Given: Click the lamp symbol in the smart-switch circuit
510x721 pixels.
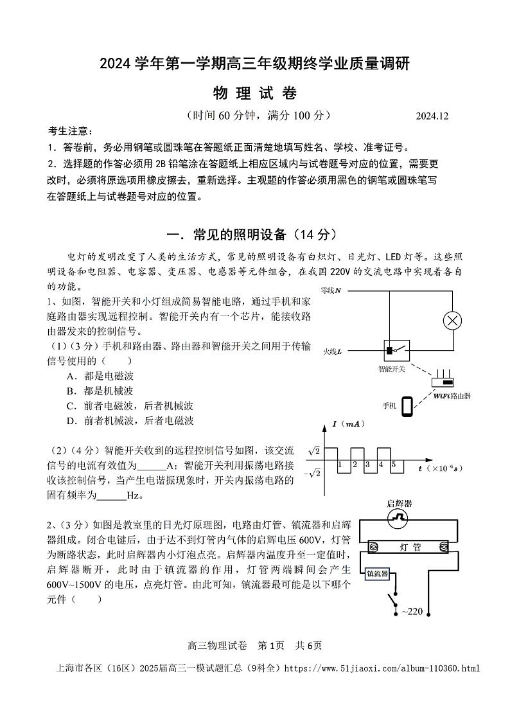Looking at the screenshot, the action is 453,321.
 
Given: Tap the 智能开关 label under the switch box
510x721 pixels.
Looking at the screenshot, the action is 394,369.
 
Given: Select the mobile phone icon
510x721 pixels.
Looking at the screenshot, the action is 407,406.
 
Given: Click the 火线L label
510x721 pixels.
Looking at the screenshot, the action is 332,351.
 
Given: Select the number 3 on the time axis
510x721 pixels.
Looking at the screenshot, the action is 367,465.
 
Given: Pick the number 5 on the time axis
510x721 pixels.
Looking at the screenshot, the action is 393,465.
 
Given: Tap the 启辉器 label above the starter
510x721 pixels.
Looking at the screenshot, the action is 400,503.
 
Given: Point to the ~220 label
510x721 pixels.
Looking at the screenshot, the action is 412,611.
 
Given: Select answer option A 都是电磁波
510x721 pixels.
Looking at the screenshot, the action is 100,376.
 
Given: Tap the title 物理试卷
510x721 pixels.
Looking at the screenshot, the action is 254,93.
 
